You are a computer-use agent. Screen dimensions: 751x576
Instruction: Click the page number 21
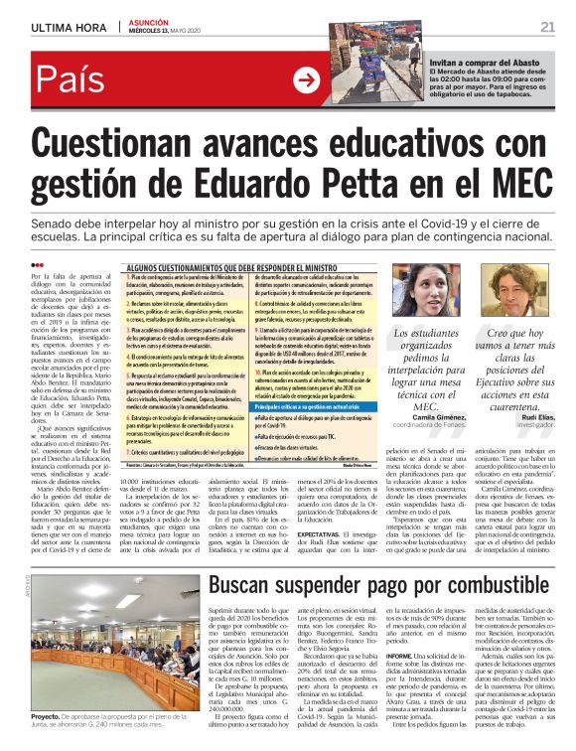(547, 26)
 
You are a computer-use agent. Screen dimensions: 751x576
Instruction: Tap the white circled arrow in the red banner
(308, 77)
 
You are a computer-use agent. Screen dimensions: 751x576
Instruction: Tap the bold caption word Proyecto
(46, 716)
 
